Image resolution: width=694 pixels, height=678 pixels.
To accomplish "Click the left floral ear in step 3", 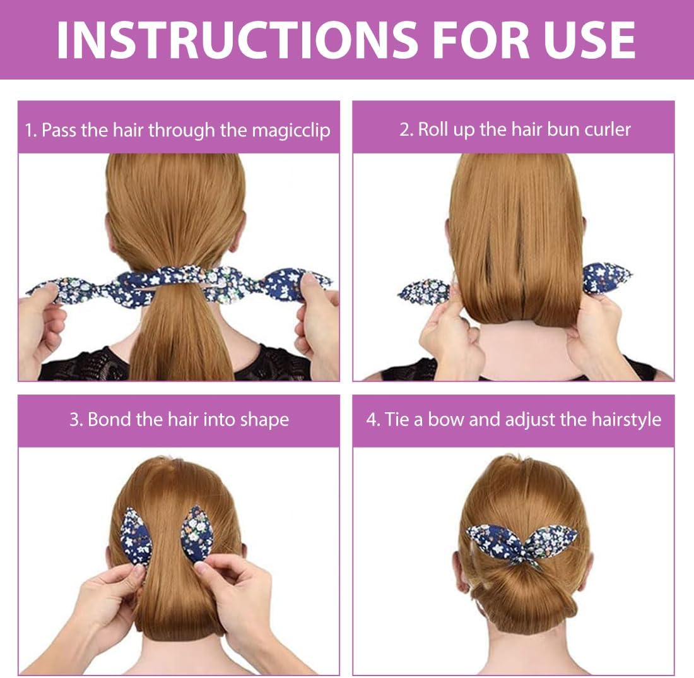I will pos(136,536).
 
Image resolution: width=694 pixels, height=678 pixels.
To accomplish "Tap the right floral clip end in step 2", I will pos(606,278).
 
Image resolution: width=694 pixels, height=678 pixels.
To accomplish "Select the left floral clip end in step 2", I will pos(424,291).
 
